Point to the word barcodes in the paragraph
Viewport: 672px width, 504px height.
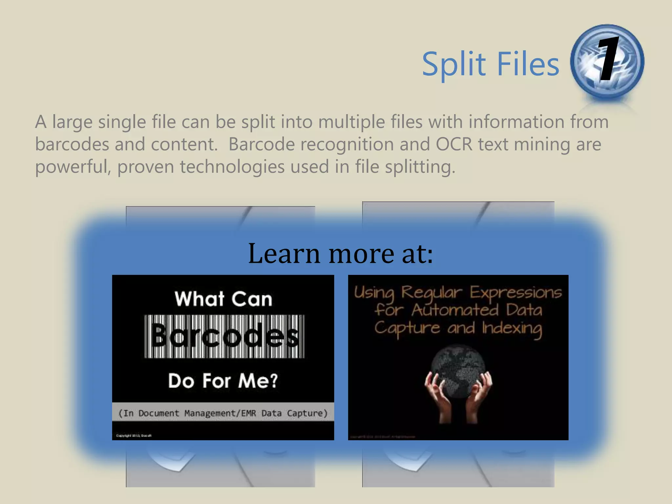click(72, 144)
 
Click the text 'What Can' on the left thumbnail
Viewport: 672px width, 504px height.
click(223, 299)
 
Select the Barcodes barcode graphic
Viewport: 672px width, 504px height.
click(224, 336)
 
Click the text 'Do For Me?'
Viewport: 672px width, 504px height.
click(223, 381)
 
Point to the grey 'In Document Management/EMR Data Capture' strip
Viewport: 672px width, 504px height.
click(223, 413)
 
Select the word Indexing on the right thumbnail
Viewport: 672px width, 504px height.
click(512, 328)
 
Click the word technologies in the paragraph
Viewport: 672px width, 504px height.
click(232, 167)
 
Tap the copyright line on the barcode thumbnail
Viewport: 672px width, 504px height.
click(134, 436)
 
